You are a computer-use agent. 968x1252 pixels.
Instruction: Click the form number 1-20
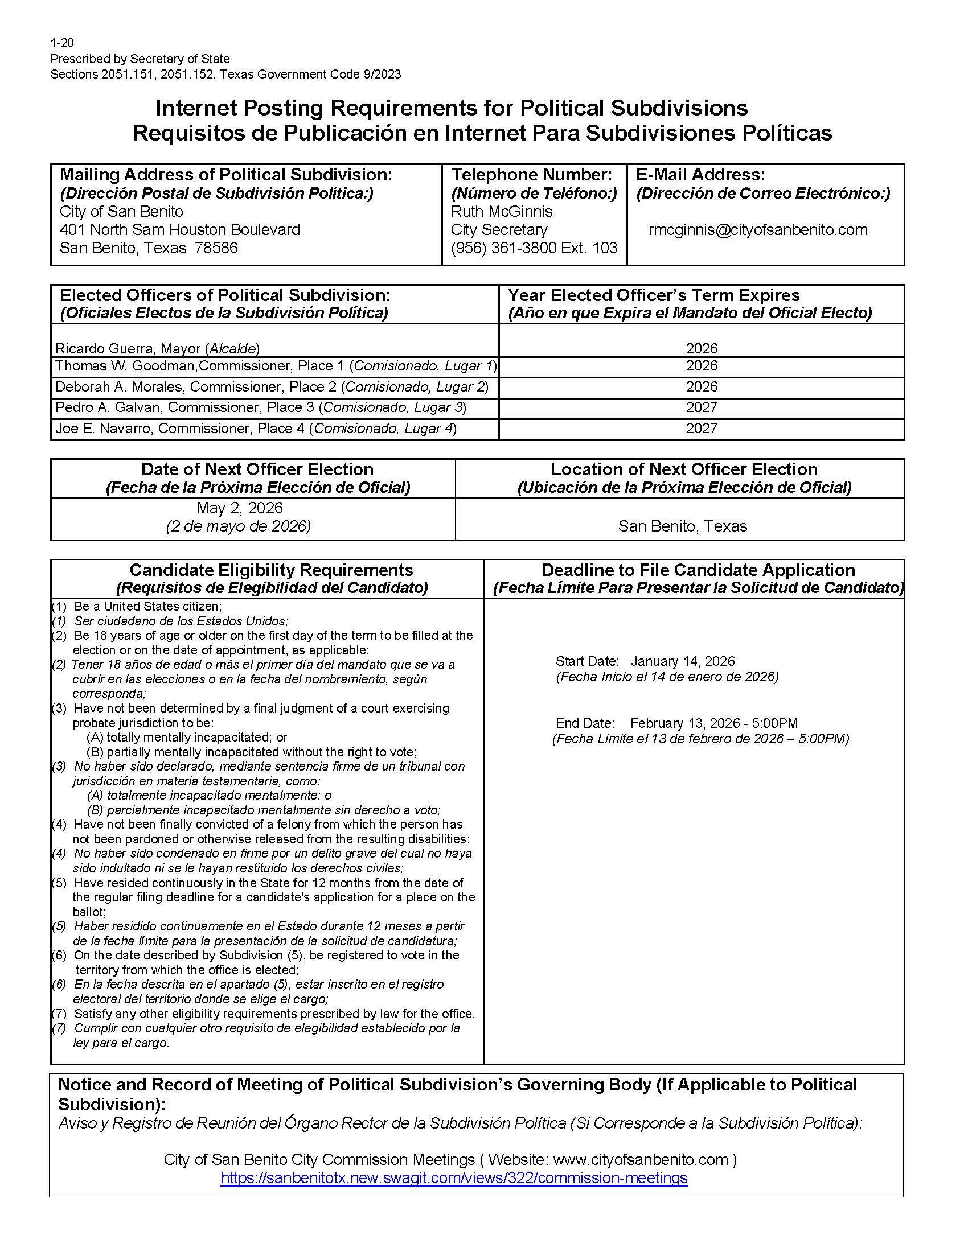pyautogui.click(x=62, y=43)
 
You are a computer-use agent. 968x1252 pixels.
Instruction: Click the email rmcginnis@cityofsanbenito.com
pyautogui.click(x=757, y=230)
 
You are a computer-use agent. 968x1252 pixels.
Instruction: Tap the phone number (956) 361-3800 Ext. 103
pyautogui.click(x=534, y=248)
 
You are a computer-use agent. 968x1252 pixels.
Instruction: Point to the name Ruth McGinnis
pyautogui.click(x=502, y=212)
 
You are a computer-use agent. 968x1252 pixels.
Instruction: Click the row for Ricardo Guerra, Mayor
pyautogui.click(x=158, y=348)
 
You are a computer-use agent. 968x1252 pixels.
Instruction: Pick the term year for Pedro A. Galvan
pyautogui.click(x=702, y=407)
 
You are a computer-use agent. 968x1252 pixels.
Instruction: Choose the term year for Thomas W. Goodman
pyautogui.click(x=702, y=366)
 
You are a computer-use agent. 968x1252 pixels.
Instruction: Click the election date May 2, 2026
pyautogui.click(x=240, y=508)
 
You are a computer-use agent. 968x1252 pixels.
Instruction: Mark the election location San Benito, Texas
pyautogui.click(x=682, y=526)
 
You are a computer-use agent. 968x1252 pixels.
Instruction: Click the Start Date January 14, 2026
pyautogui.click(x=682, y=661)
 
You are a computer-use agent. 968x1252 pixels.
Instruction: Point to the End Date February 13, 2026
pyautogui.click(x=713, y=723)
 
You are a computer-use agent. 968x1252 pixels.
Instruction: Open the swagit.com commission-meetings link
pyautogui.click(x=454, y=1178)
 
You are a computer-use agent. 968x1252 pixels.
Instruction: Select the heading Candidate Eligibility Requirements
pyautogui.click(x=271, y=570)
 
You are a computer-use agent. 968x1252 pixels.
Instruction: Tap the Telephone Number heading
pyautogui.click(x=532, y=175)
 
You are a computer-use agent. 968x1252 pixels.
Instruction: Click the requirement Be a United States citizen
pyautogui.click(x=147, y=607)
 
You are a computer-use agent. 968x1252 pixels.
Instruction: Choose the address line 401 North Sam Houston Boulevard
pyautogui.click(x=179, y=230)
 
